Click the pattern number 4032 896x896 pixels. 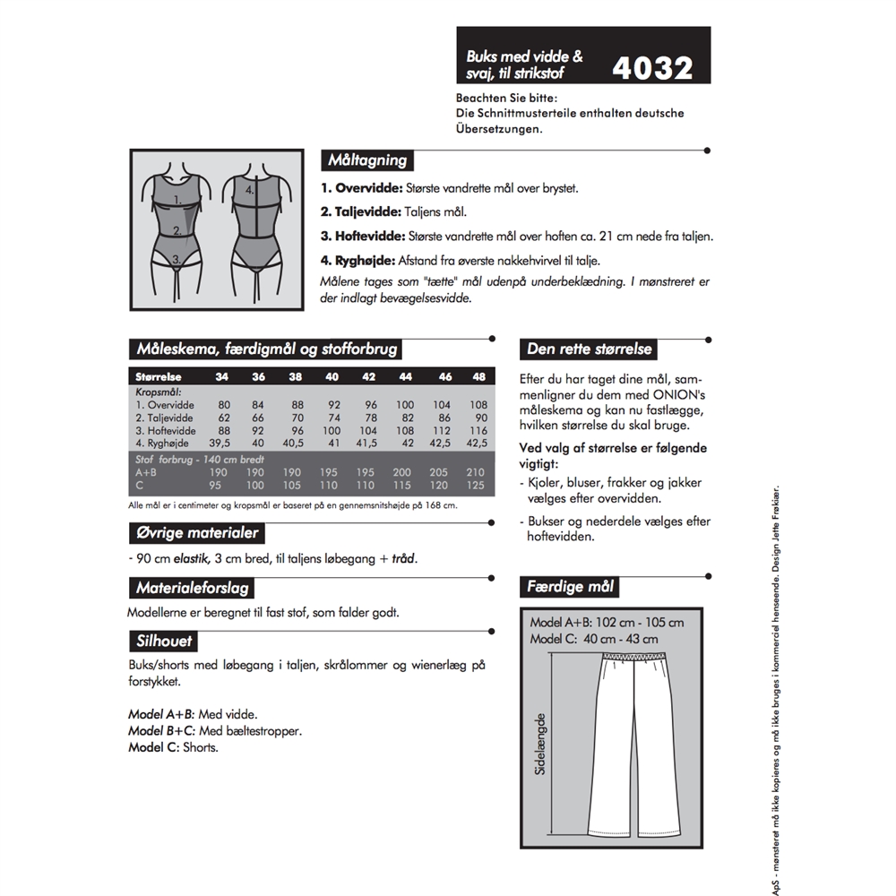(x=652, y=68)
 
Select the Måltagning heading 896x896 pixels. (x=367, y=161)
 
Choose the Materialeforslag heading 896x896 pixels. (x=192, y=589)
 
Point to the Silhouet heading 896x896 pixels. (x=162, y=642)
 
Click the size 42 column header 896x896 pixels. (x=368, y=377)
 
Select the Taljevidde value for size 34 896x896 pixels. (x=223, y=418)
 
